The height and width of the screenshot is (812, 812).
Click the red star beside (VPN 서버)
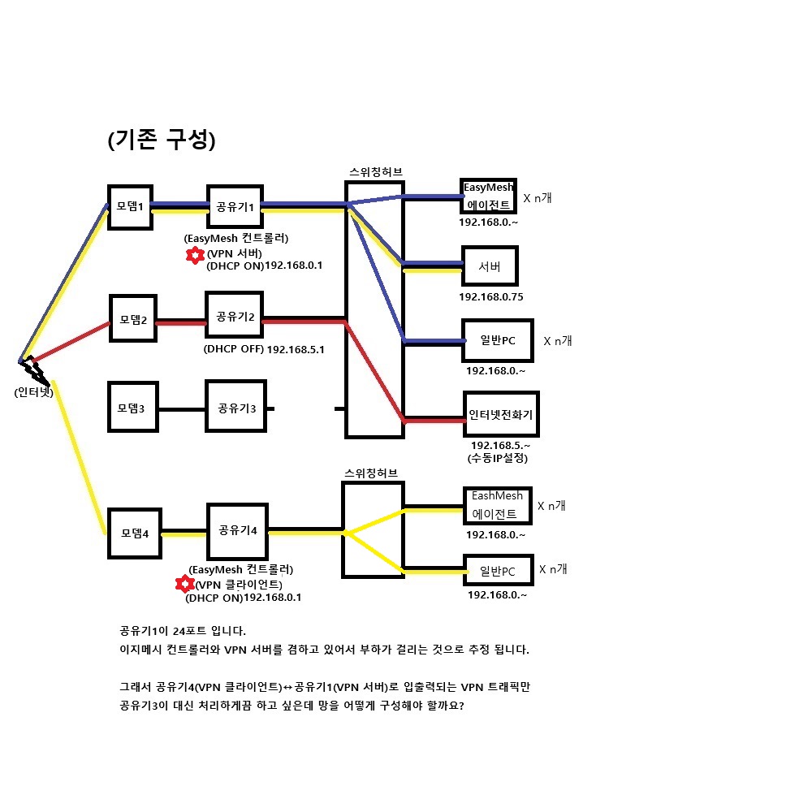point(195,255)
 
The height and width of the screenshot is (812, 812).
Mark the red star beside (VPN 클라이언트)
point(185,584)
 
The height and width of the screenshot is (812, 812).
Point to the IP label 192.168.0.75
point(491,297)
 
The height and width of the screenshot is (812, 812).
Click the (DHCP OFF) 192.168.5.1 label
point(264,349)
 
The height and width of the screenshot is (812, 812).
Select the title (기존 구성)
point(162,139)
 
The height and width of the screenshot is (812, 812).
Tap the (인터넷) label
point(33,392)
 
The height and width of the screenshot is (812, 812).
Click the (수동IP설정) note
point(498,458)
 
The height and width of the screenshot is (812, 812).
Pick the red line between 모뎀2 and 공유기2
point(181,322)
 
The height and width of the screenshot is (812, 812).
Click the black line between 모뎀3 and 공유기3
point(182,409)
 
